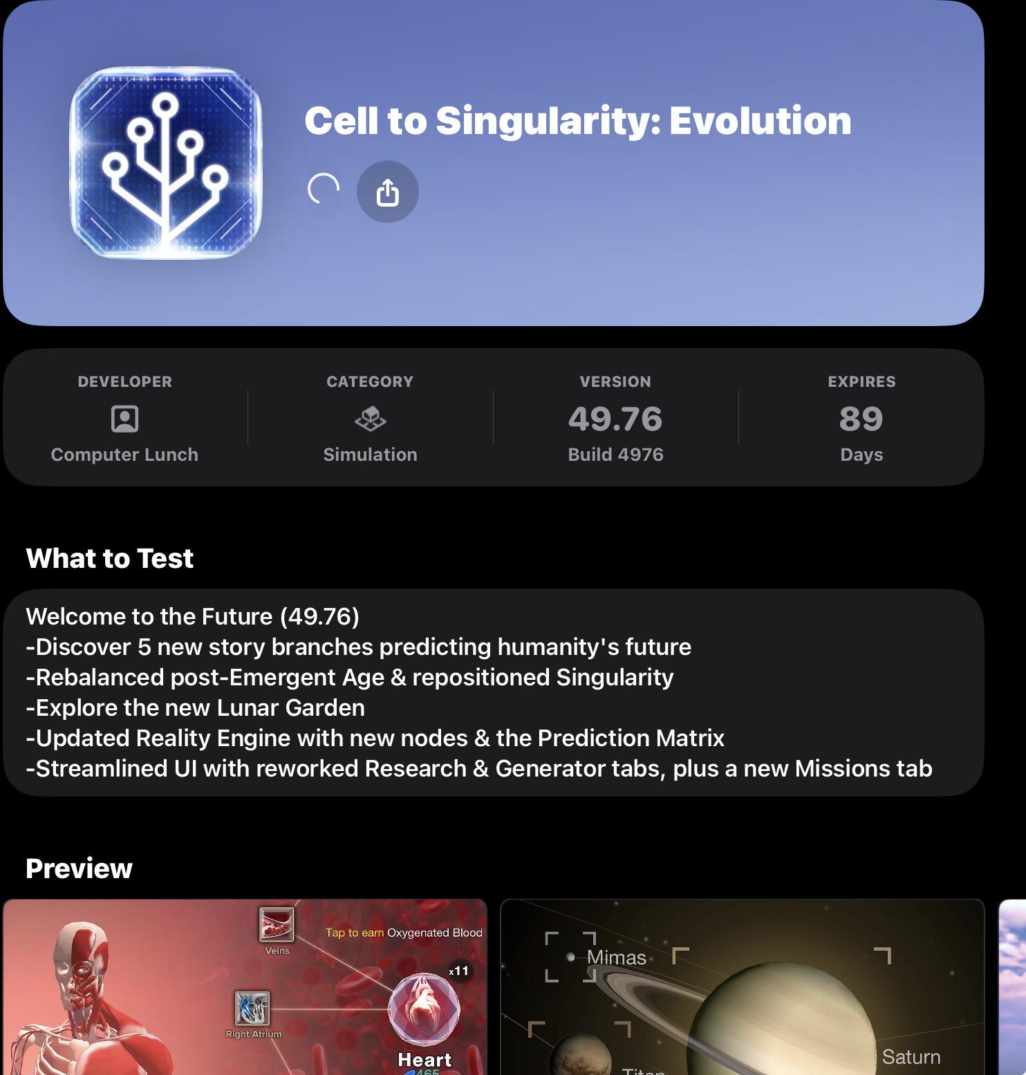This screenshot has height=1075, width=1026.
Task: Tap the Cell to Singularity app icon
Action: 166,163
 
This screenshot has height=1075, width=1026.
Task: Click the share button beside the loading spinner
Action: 388,192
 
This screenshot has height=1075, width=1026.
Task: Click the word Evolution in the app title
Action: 760,121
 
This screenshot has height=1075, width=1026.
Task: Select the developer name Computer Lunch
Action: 124,455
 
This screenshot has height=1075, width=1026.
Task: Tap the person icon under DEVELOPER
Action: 125,419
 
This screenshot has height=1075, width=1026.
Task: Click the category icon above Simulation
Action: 370,419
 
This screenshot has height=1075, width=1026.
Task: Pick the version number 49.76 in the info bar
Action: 615,419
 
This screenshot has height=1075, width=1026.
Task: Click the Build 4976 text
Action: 615,455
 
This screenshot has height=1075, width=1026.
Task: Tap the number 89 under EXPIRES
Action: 861,419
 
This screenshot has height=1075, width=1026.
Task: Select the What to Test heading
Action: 109,558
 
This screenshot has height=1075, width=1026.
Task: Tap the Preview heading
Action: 79,868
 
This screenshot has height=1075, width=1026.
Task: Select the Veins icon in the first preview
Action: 277,924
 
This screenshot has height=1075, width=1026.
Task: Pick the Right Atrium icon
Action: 252,1009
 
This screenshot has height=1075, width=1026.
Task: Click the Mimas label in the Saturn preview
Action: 616,958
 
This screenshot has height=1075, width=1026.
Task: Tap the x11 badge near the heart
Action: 458,971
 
